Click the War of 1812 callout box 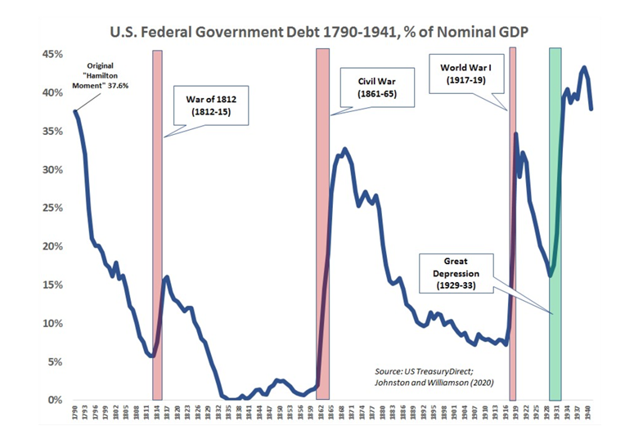[211, 105]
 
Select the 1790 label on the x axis [74, 414]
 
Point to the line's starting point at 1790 [75, 111]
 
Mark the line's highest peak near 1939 [583, 68]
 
